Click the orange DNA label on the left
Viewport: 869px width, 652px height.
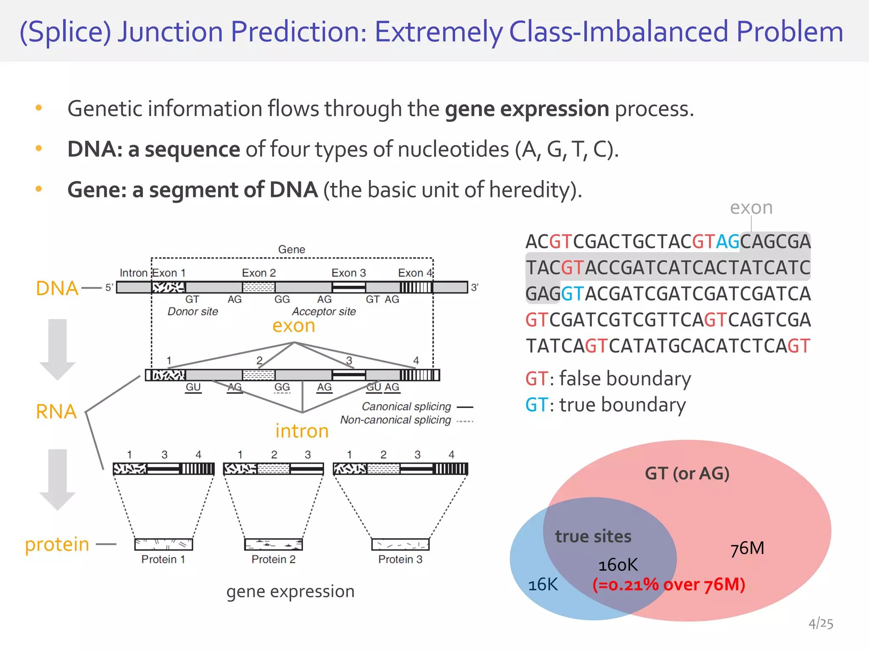pyautogui.click(x=57, y=288)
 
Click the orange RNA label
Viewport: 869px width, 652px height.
pyautogui.click(x=56, y=411)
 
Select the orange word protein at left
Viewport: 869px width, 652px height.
pyautogui.click(x=57, y=544)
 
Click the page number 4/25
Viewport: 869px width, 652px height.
pyautogui.click(x=821, y=624)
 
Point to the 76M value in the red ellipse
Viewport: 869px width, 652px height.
pyautogui.click(x=747, y=548)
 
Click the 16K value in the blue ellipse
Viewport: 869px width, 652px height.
pyautogui.click(x=543, y=585)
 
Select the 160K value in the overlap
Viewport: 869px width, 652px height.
pyautogui.click(x=618, y=565)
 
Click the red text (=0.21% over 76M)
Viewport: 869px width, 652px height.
pyautogui.click(x=669, y=585)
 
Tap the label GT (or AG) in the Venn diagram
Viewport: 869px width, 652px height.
pyautogui.click(x=687, y=473)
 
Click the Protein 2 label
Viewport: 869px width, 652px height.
pyautogui.click(x=273, y=559)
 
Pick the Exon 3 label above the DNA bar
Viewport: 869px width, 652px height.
pyautogui.click(x=348, y=273)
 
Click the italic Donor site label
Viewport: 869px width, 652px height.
pyautogui.click(x=193, y=312)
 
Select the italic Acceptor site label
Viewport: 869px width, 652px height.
pyautogui.click(x=324, y=312)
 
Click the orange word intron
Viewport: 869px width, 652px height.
pyautogui.click(x=302, y=431)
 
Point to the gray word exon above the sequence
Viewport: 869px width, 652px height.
pyautogui.click(x=751, y=208)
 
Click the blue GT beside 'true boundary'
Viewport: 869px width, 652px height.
pyautogui.click(x=537, y=405)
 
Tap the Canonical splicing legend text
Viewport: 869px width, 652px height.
pyautogui.click(x=406, y=407)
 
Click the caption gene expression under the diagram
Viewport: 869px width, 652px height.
pyautogui.click(x=290, y=591)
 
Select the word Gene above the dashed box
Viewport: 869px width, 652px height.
pyautogui.click(x=292, y=249)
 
